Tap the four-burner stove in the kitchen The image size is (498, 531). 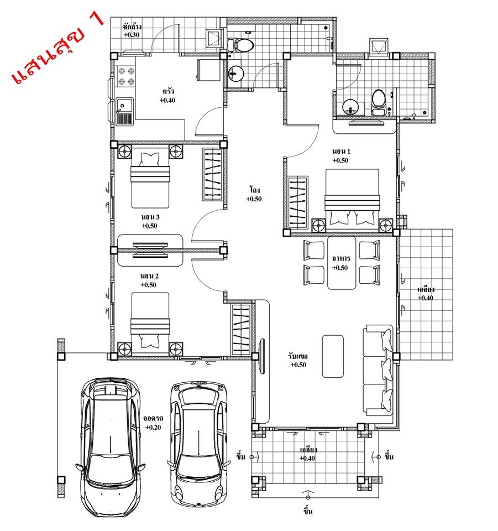point(126,76)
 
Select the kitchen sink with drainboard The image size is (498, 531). point(125,111)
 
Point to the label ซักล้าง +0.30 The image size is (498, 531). point(132,30)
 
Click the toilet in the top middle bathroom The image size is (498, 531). point(240,45)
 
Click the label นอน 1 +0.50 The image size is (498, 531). point(341,156)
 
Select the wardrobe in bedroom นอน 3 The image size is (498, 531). point(212,174)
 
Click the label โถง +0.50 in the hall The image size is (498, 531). point(254,194)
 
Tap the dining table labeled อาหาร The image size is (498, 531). point(342,263)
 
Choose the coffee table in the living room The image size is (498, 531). point(333,356)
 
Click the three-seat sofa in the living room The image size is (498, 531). point(378,371)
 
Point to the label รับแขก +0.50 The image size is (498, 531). point(298,360)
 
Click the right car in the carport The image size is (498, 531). point(198,443)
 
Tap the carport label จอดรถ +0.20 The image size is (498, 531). point(153,423)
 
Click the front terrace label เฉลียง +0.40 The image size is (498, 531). point(307,454)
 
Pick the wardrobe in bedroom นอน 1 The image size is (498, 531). point(298,202)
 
